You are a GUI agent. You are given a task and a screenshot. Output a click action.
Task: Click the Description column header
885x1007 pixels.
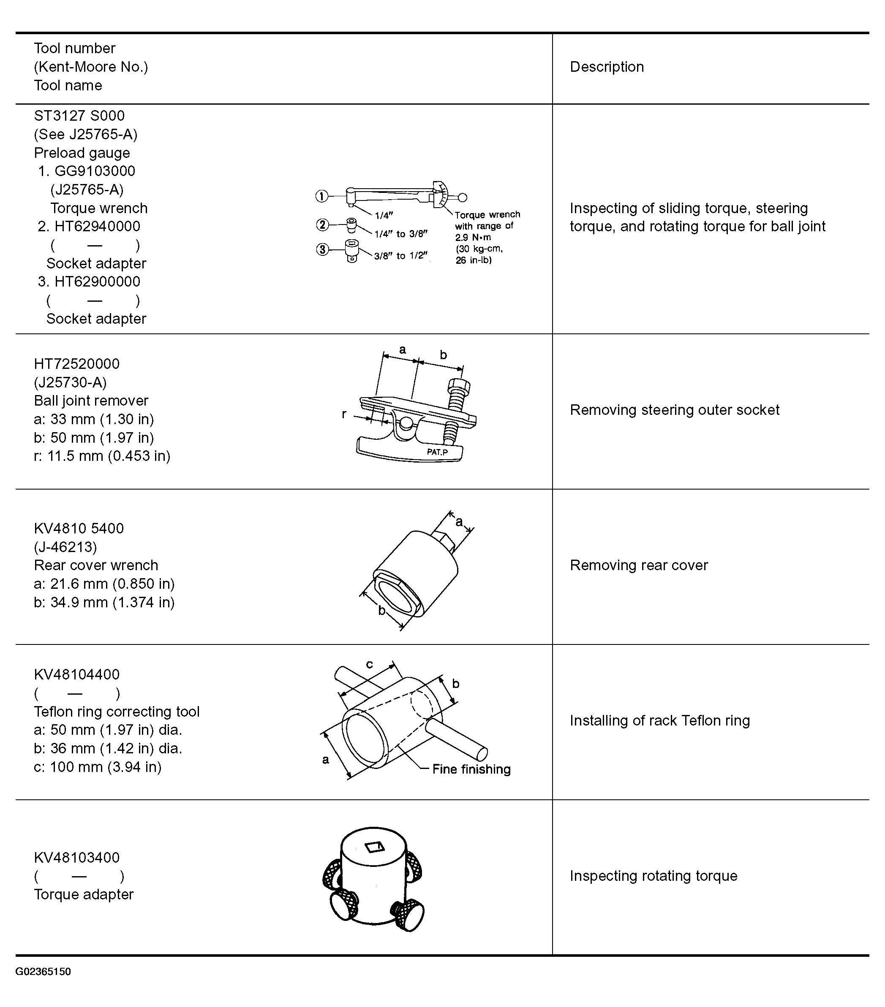607,67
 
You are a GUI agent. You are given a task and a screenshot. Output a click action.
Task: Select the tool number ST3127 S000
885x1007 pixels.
79,116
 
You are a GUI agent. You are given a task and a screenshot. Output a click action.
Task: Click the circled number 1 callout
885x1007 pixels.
321,197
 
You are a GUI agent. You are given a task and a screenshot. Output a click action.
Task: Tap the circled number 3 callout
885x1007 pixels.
322,249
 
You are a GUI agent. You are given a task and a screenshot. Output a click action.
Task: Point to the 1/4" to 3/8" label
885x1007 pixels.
400,234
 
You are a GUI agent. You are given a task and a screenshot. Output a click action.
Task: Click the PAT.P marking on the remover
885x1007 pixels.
437,452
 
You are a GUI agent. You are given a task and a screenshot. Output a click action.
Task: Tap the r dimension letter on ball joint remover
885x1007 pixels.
344,414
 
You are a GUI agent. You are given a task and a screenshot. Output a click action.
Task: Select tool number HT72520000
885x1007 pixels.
76,364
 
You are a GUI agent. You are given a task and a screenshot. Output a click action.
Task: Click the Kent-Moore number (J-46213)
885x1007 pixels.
65,547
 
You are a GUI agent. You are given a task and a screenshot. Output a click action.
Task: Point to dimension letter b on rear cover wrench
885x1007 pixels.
381,611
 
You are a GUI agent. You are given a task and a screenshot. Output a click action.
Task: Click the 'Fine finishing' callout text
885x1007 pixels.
471,769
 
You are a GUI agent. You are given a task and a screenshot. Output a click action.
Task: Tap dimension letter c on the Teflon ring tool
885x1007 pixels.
369,664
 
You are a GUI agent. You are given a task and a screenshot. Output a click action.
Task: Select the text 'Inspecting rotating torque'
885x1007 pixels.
653,876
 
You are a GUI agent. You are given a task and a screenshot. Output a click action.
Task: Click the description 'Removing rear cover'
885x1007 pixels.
638,566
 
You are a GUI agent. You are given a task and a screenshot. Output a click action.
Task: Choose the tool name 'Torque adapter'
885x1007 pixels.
83,895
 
